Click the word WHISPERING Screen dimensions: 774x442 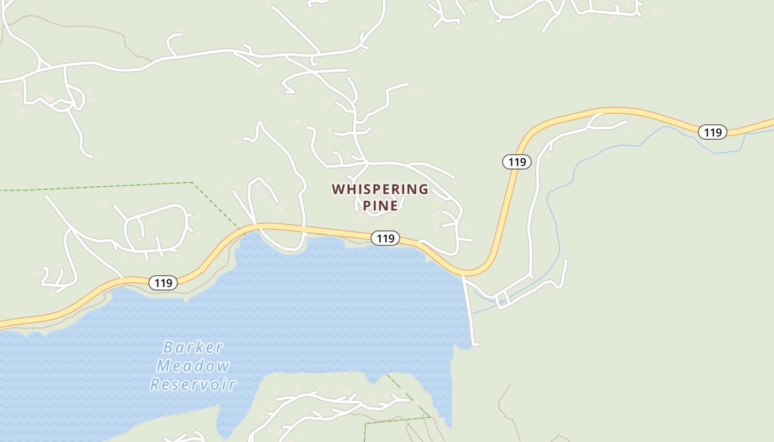(380, 189)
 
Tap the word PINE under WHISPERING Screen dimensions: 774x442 (380, 206)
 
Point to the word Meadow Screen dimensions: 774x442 (193, 366)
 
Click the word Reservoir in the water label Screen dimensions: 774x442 (193, 385)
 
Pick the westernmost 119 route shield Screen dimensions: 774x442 (163, 283)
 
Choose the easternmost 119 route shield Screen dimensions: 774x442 (712, 132)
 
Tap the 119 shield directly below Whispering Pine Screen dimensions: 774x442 (385, 238)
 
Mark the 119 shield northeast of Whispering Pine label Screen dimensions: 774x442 (516, 162)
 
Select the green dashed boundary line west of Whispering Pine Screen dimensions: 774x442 (111, 186)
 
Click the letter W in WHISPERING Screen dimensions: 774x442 (338, 189)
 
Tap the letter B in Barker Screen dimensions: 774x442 (168, 348)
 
